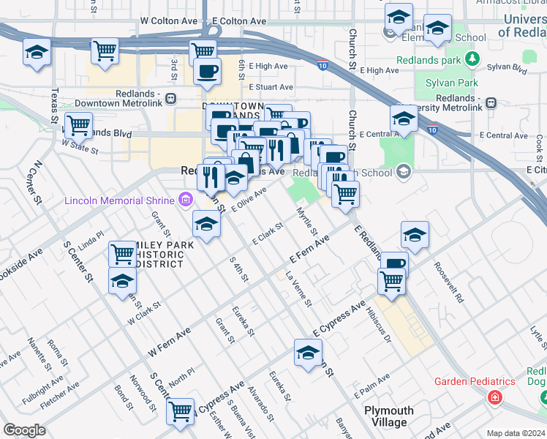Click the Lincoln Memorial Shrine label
point(120,200)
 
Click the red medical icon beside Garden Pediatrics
point(495,397)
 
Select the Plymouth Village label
point(389,416)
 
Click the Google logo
point(24,430)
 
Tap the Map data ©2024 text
point(516,432)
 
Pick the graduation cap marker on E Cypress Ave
point(308,353)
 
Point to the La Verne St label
point(299,289)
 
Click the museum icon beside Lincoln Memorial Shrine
point(185,200)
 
